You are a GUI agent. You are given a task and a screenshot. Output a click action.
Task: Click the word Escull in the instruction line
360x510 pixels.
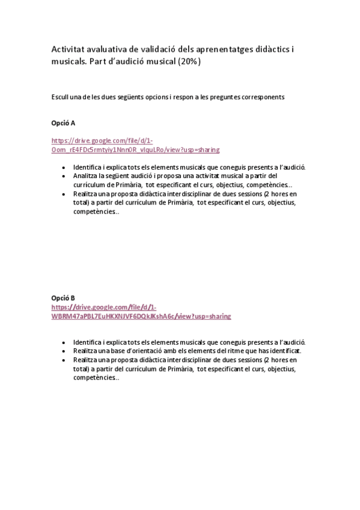60,97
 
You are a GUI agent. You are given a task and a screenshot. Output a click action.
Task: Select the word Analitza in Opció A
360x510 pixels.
86,176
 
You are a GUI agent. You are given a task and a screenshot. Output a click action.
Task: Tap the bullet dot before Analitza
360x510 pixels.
64,176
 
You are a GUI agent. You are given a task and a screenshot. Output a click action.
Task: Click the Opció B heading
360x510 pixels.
63,297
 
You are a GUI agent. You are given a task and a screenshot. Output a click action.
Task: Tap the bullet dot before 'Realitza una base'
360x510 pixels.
64,351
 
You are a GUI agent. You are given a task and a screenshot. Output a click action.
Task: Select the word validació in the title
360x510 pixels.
168,50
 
